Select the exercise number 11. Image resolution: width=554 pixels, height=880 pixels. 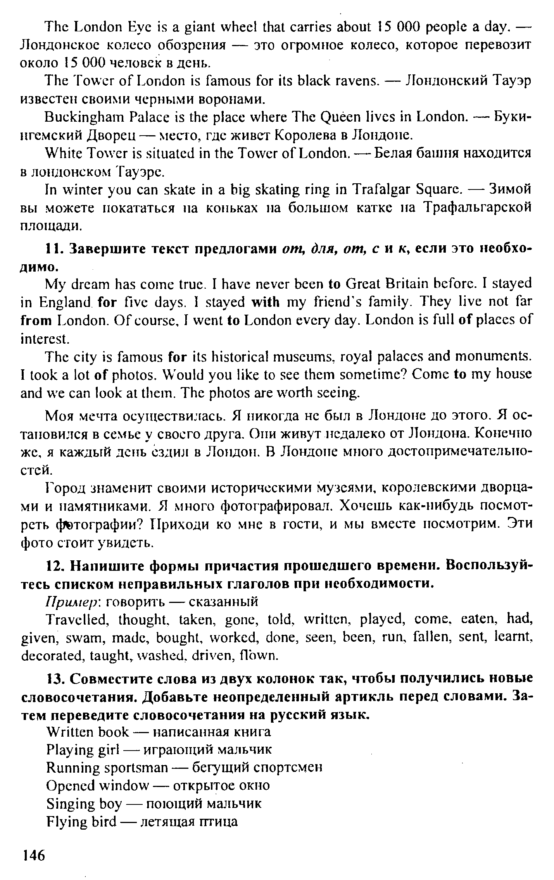click(54, 249)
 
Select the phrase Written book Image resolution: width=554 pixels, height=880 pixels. click(87, 732)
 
